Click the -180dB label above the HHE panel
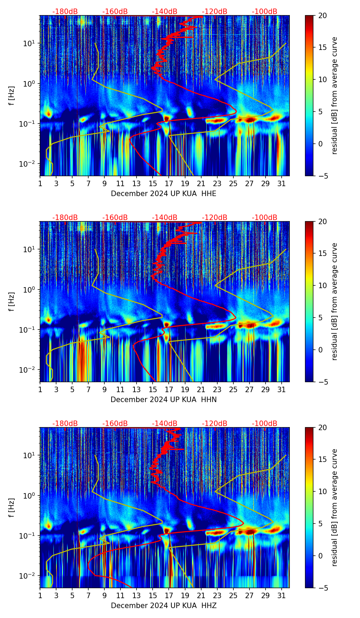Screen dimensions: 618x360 (65, 12)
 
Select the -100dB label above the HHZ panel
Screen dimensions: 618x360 (265, 424)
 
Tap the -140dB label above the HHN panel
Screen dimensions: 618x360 (165, 218)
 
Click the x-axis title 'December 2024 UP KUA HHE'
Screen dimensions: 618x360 (164, 194)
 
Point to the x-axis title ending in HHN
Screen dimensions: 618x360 (164, 400)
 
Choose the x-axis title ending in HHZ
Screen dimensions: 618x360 (164, 606)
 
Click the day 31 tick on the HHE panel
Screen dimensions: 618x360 (282, 184)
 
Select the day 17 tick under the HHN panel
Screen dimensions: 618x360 (169, 390)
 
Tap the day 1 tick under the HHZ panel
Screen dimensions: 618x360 (40, 596)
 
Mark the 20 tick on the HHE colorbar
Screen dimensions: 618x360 (323, 15)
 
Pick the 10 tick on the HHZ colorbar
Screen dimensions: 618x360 (323, 491)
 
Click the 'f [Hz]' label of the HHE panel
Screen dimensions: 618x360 (12, 95)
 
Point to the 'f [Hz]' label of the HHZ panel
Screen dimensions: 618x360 (12, 507)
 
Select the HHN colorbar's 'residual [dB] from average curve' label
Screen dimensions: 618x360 (335, 301)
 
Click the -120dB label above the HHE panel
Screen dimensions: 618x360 (215, 12)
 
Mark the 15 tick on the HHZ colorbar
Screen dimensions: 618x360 (323, 459)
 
